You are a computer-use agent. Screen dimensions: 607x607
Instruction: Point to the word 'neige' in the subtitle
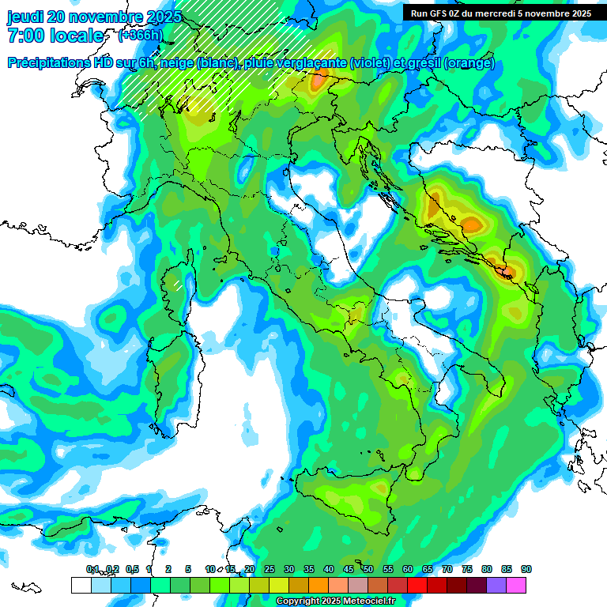[176, 64]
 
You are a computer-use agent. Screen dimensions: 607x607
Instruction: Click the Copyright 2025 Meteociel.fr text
[335, 601]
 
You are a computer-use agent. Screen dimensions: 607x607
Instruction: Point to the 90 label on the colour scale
[526, 569]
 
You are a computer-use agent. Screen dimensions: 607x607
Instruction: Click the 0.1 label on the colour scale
[92, 569]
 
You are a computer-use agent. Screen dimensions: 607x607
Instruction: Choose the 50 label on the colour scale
[368, 569]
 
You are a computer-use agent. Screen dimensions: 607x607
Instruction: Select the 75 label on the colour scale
[467, 569]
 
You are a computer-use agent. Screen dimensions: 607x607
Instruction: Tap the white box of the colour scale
[81, 585]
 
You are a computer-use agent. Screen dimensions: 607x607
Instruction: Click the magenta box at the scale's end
[516, 585]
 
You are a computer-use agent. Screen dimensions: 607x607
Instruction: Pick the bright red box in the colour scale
[417, 585]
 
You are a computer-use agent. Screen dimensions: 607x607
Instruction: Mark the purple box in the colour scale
[496, 585]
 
